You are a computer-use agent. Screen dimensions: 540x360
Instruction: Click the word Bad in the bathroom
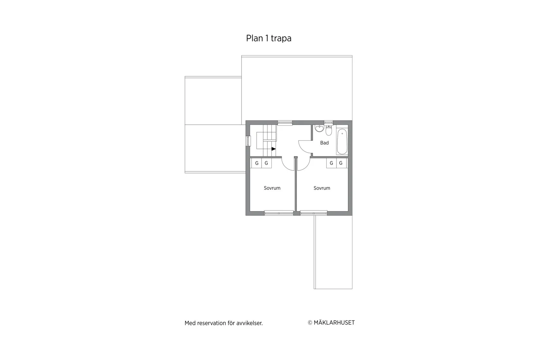[x=324, y=143]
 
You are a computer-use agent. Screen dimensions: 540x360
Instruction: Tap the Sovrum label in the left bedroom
[x=272, y=188]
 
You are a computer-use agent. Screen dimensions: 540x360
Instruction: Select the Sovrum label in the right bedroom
[x=322, y=188]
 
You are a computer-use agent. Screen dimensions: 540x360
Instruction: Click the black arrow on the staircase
[x=274, y=149]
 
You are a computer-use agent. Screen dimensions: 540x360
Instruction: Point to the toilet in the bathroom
[x=329, y=131]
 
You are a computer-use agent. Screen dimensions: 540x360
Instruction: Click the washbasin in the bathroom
[x=319, y=129]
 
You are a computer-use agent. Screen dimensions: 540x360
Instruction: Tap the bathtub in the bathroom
[x=342, y=142]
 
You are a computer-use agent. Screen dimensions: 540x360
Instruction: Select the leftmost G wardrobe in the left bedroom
[x=257, y=163]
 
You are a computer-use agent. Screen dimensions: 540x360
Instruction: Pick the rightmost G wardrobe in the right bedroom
[x=341, y=163]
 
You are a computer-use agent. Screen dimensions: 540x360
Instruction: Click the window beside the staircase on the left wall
[x=248, y=141]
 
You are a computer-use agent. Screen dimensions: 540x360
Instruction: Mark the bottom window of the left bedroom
[x=279, y=213]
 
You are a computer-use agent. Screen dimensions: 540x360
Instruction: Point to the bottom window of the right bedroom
[x=314, y=213]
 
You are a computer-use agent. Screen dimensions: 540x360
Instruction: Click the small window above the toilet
[x=328, y=122]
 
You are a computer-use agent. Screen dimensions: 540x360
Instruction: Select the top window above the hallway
[x=285, y=123]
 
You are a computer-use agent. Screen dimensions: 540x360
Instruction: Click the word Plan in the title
[x=254, y=38]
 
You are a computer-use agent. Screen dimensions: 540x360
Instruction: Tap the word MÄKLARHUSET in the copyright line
[x=334, y=323]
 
